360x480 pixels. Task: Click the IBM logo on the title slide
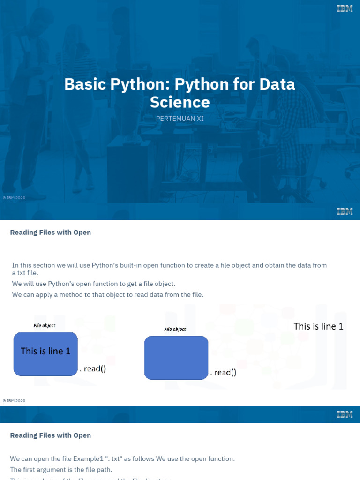[x=345, y=8]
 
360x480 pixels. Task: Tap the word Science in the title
[x=180, y=102]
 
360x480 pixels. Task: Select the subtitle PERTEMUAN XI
[x=180, y=119]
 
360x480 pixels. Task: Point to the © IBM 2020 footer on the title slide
[x=14, y=198]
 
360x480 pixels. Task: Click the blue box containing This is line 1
[x=45, y=353]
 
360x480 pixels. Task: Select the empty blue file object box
[x=176, y=358]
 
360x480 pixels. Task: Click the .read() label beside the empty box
[x=223, y=373]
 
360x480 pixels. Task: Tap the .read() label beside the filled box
[x=92, y=369]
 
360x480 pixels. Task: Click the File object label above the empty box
[x=175, y=330]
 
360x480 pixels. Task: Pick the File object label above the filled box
[x=45, y=325]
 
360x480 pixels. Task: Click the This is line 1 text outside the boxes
[x=318, y=326]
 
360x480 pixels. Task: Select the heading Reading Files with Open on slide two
[x=51, y=232]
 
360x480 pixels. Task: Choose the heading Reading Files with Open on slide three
[x=51, y=435]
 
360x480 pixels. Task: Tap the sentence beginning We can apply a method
[x=108, y=294]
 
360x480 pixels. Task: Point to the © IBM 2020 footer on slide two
[x=14, y=401]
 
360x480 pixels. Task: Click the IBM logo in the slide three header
[x=345, y=414]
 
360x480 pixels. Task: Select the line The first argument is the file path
[x=61, y=470]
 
